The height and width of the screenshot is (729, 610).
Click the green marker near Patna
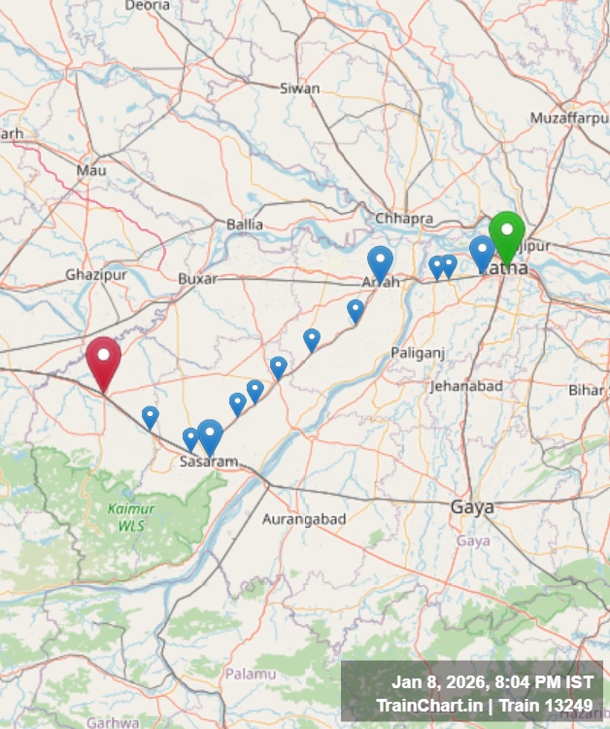[x=506, y=233]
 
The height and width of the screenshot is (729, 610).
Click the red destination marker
[x=103, y=360]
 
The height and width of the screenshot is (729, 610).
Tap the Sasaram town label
[x=209, y=462]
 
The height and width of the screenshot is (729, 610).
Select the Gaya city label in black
[x=472, y=507]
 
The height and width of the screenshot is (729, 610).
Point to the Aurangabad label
[x=304, y=519]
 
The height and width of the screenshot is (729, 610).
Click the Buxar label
[x=197, y=278]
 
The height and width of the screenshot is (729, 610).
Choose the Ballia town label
[x=245, y=225]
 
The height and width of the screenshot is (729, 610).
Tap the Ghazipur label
[x=97, y=275]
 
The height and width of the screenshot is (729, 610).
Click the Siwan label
[x=299, y=88]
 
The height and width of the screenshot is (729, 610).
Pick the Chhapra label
[x=404, y=219]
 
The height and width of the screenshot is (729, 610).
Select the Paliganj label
[x=419, y=352]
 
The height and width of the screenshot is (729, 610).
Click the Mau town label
[x=91, y=170]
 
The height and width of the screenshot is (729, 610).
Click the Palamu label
[x=251, y=673]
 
